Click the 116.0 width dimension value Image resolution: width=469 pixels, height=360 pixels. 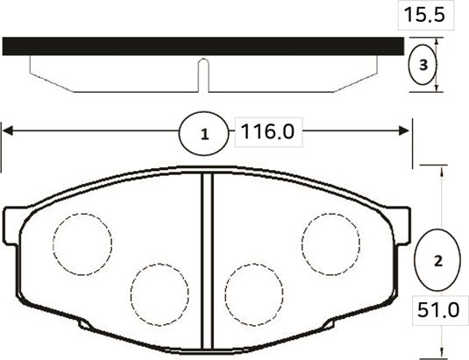266,133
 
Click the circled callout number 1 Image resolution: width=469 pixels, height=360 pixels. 204,135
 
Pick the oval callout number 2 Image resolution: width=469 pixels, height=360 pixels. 438,261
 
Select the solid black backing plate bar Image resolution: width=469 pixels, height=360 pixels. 203,46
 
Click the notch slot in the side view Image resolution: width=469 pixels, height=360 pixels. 203,74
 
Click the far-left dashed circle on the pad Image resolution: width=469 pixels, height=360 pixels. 82,241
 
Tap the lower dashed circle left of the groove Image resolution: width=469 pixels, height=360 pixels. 160,290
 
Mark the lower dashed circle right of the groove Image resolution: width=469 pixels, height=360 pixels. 254,290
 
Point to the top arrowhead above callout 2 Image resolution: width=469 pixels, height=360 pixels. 438,169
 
